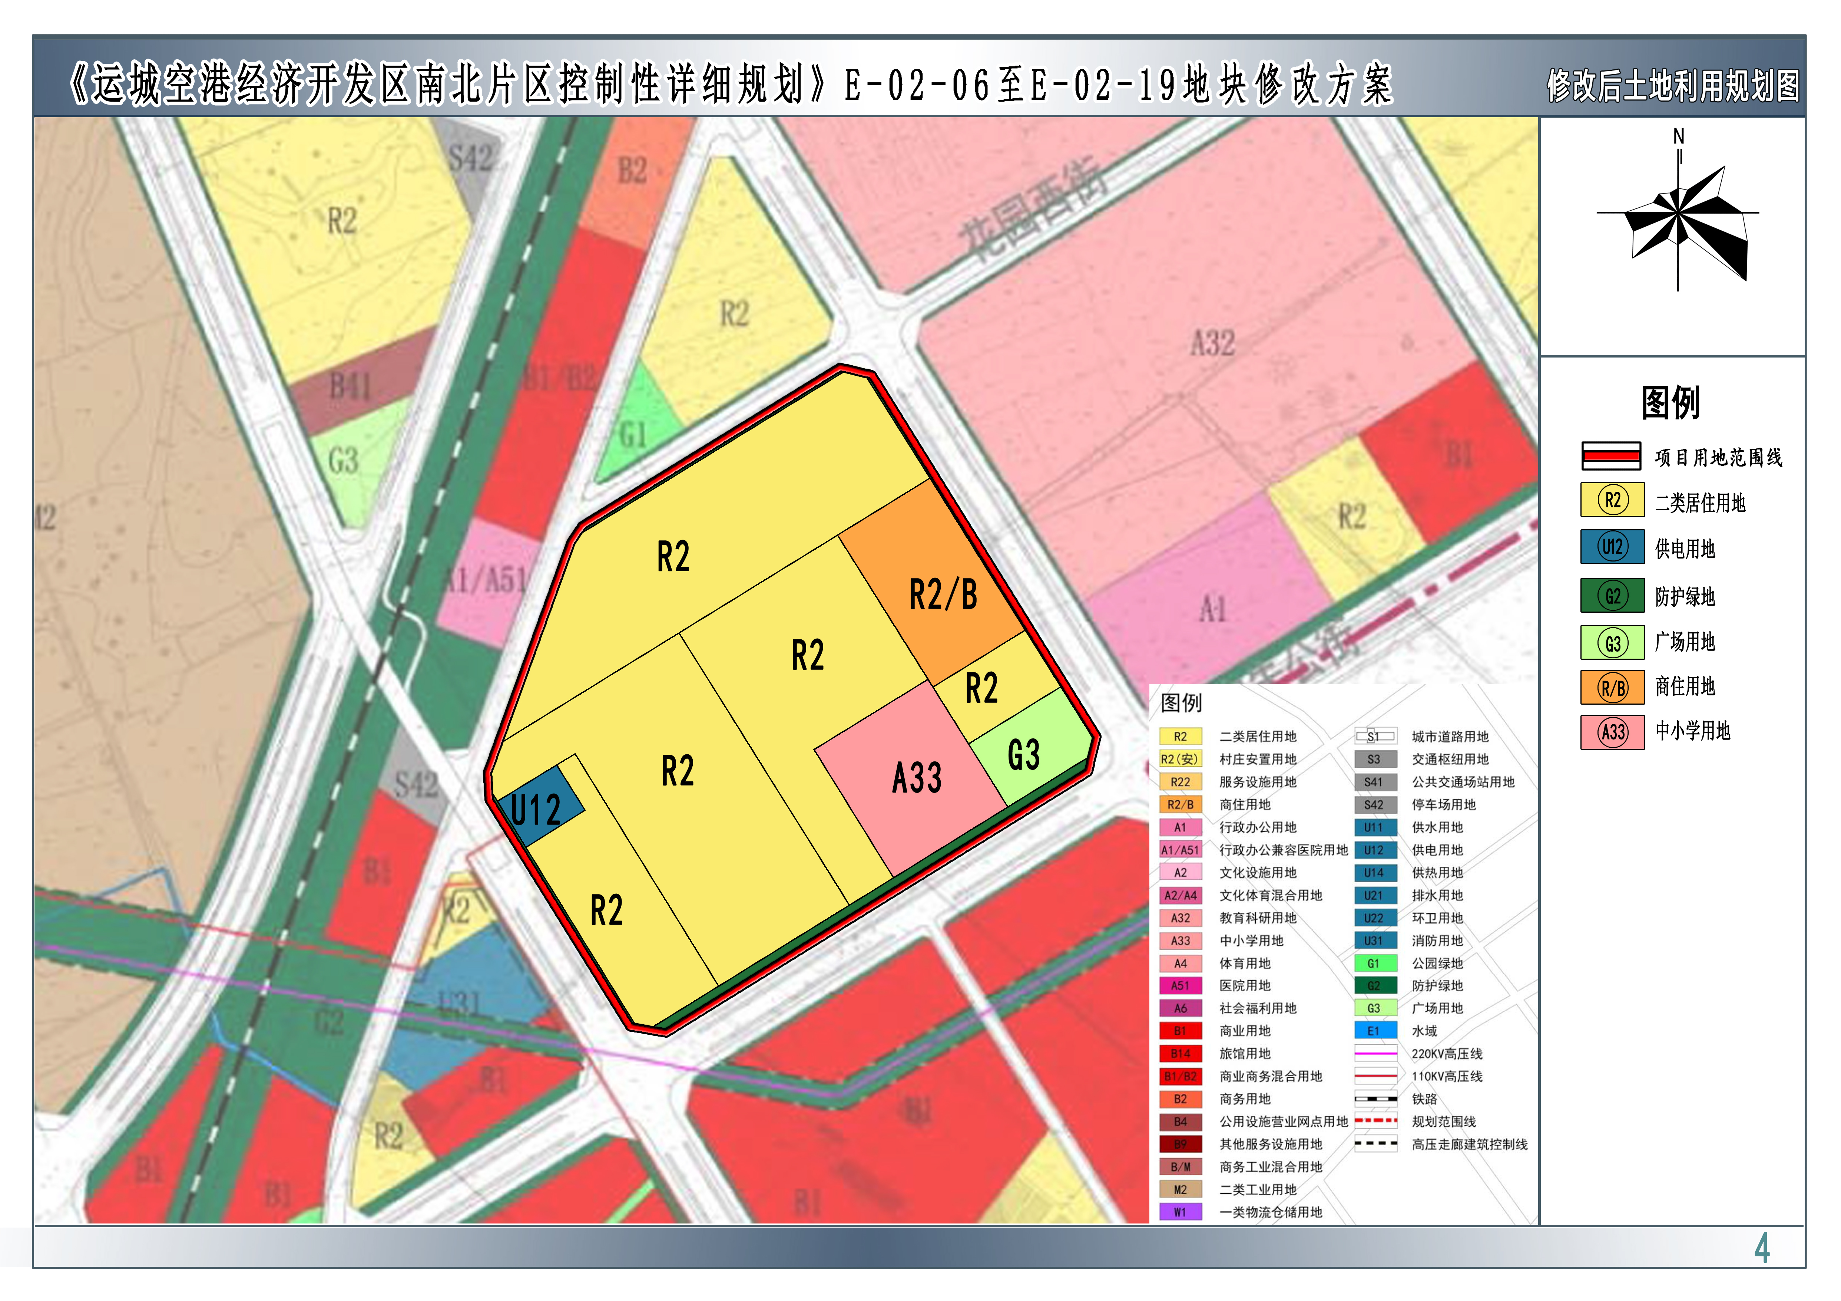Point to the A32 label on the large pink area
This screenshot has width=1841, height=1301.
(x=1212, y=343)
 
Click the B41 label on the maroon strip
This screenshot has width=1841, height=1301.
(x=350, y=388)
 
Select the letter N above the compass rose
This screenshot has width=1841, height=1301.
(x=1678, y=136)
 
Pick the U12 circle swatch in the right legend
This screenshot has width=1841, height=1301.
(x=1612, y=548)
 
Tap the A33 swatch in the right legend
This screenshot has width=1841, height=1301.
(x=1612, y=731)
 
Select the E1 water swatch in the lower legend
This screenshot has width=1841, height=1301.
(x=1374, y=1031)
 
